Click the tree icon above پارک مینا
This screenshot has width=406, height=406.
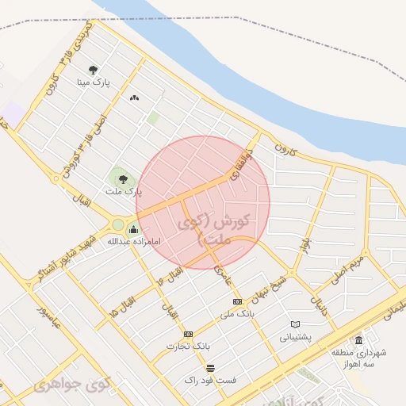pos(94,70)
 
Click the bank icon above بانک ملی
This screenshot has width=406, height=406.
pos(237,302)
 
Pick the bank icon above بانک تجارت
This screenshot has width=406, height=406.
pos(188,334)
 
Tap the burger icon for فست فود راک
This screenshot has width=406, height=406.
pos(210,368)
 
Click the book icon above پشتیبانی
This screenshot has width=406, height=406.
pos(295,324)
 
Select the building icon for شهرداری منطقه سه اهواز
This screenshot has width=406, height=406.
pos(358,340)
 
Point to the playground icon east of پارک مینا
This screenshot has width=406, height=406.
pos(134,98)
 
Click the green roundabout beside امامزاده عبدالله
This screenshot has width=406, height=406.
pos(118,224)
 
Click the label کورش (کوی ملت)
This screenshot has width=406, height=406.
pos(223,227)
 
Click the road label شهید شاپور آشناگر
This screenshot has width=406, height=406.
pos(67,255)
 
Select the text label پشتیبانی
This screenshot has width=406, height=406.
pos(296,337)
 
